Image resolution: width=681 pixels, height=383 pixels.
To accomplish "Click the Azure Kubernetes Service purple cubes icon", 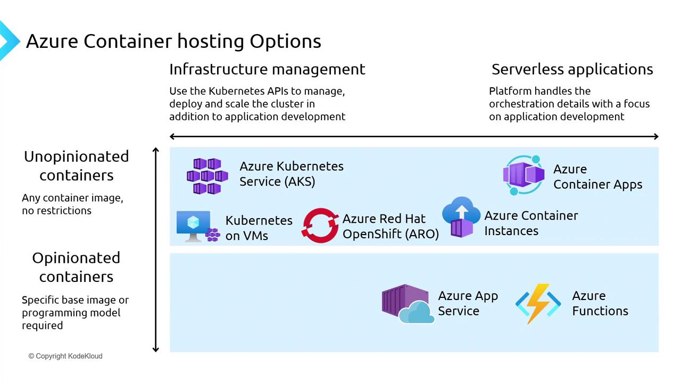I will [x=207, y=176].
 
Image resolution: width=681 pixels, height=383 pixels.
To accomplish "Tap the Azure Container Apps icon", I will [x=524, y=175].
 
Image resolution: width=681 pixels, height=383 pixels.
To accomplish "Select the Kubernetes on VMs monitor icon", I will [x=194, y=226].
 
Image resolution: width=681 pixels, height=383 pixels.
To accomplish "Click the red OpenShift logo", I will [x=320, y=226].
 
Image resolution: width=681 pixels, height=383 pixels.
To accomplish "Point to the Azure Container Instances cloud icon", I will [x=461, y=217].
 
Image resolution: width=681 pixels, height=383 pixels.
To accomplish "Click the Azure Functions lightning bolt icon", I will [x=538, y=303].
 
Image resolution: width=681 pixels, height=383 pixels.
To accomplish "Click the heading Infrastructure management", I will [x=267, y=69].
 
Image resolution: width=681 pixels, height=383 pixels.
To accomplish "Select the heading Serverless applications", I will [x=572, y=69].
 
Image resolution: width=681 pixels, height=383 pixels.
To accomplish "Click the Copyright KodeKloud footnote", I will [x=65, y=356].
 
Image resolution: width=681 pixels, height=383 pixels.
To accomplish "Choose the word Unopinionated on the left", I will [x=76, y=156].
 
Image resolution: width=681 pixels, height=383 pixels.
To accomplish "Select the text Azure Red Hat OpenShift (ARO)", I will [x=391, y=226].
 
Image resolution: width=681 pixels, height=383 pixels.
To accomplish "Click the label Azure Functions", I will [x=600, y=303].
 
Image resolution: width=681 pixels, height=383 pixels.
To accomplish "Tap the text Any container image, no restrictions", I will [x=72, y=204].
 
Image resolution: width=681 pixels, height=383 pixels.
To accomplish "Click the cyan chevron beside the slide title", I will [x=9, y=40].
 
